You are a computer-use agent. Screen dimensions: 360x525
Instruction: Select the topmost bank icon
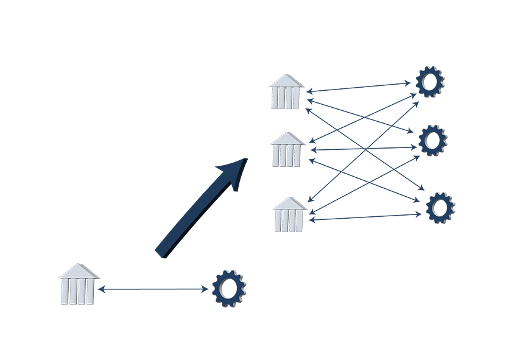[x=287, y=92]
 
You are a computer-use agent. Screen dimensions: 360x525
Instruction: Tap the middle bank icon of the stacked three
[x=287, y=149]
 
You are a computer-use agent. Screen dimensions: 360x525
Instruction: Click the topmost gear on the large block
[x=431, y=81]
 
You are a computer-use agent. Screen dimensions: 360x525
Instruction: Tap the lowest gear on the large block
[x=439, y=208]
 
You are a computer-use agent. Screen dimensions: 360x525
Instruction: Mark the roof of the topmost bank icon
[x=287, y=81]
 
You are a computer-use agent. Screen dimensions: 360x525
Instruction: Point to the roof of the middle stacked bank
[x=287, y=139]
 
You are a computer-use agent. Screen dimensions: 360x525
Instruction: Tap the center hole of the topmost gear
[x=431, y=81]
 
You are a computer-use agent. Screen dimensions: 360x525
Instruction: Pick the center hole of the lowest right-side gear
[x=439, y=208]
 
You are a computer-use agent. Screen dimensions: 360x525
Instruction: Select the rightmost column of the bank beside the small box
[x=93, y=292]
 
